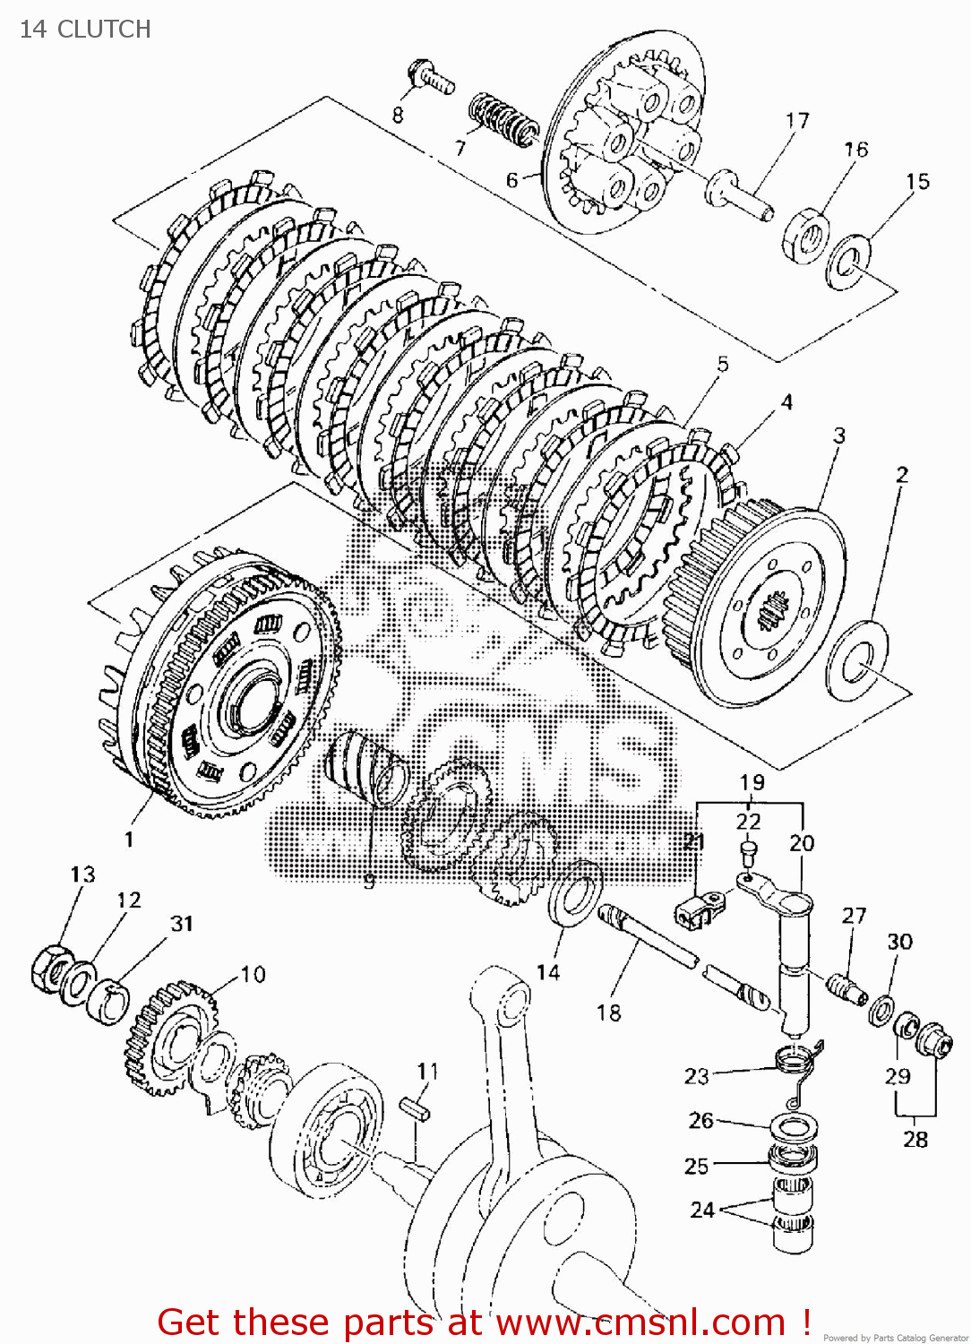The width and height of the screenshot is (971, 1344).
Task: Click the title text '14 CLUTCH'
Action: pyautogui.click(x=85, y=30)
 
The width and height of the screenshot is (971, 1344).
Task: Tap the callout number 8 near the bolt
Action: pyautogui.click(x=398, y=115)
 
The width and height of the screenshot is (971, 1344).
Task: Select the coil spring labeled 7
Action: pyautogui.click(x=503, y=119)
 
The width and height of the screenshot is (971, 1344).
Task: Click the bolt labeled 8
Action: pyautogui.click(x=431, y=77)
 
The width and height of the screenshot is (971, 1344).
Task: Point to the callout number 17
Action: pyautogui.click(x=796, y=120)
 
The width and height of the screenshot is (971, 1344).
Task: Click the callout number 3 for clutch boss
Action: pyautogui.click(x=838, y=435)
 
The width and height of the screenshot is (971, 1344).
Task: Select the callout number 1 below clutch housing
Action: pyautogui.click(x=129, y=839)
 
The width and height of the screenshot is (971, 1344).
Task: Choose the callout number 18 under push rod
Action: pyautogui.click(x=608, y=1012)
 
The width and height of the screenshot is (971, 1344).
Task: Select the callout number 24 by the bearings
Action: pyautogui.click(x=702, y=1210)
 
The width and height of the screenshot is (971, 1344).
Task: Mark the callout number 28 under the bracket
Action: pyautogui.click(x=915, y=1139)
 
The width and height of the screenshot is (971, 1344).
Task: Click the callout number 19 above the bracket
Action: pyautogui.click(x=752, y=781)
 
